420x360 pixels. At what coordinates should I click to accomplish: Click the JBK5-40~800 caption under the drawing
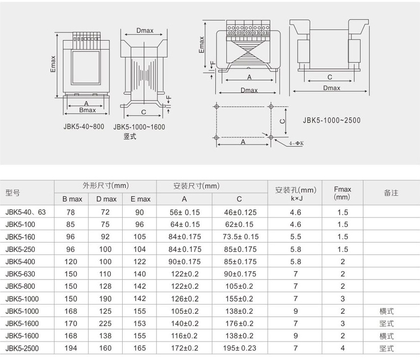[x=83, y=127]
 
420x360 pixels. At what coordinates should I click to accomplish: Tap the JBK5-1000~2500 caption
[x=332, y=120]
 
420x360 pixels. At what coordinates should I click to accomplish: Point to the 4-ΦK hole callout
[x=296, y=143]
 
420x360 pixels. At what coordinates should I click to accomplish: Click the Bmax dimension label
[x=87, y=110]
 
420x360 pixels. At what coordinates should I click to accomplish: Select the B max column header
[x=72, y=199]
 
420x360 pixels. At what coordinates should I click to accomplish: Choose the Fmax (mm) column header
[x=342, y=193]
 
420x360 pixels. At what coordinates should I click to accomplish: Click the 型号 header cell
[x=13, y=193]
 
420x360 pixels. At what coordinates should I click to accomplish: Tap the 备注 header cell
[x=391, y=193]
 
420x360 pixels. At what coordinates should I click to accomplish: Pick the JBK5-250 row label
[x=20, y=249]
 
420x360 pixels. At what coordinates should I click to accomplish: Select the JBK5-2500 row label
[x=22, y=348]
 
